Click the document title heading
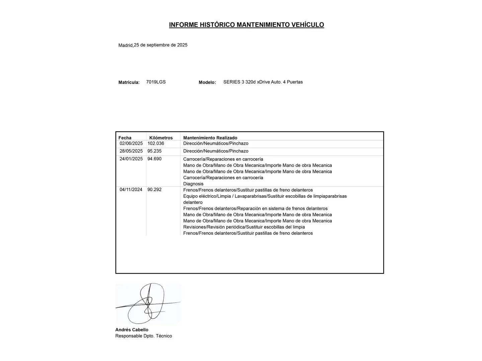pos(246,25)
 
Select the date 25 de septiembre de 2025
pos(161,45)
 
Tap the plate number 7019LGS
pos(156,82)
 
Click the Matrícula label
pos(129,82)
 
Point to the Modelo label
pos(207,82)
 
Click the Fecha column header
pos(125,138)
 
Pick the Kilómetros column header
pos(161,138)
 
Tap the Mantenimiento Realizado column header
pos(210,138)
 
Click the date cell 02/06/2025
pos(131,143)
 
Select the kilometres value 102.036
pos(156,143)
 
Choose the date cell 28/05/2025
pos(131,151)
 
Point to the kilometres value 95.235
pos(154,151)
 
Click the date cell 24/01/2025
pos(131,159)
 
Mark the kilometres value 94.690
pos(154,159)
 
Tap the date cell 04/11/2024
pos(131,190)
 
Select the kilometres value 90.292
pos(154,190)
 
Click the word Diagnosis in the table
pos(193,184)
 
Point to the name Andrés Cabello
pos(132,330)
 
